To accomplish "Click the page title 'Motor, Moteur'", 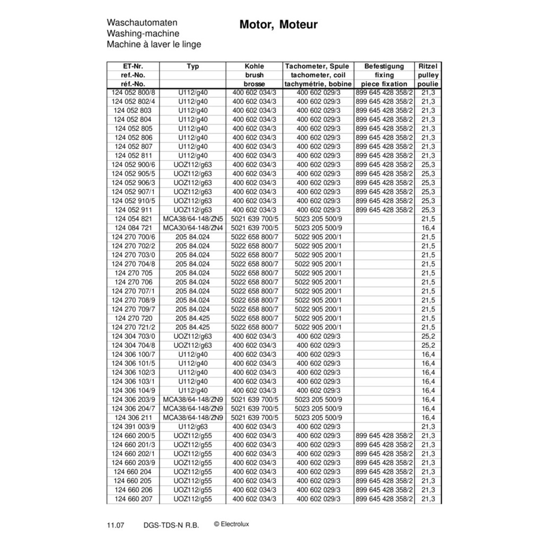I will click(x=278, y=25).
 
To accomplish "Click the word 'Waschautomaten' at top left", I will click(x=142, y=23).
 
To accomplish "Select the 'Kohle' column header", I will click(x=254, y=66).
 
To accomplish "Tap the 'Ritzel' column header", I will click(x=428, y=66).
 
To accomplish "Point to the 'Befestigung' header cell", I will click(x=384, y=66).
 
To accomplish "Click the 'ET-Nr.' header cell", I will click(x=133, y=66).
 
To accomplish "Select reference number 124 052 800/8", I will click(x=133, y=92).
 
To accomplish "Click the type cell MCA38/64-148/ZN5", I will click(x=192, y=219).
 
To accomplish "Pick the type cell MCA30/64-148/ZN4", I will click(x=192, y=228).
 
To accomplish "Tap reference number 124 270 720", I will click(x=133, y=318).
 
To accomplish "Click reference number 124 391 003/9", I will click(x=133, y=426).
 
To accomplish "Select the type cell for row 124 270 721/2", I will click(x=192, y=327).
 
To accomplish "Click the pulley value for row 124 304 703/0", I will click(x=428, y=336).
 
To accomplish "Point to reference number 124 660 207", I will click(x=133, y=499).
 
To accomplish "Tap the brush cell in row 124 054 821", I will click(x=254, y=219).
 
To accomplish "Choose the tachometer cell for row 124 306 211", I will click(x=318, y=417).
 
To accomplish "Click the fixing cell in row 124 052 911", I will click(x=384, y=210).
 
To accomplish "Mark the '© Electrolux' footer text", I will click(x=231, y=524).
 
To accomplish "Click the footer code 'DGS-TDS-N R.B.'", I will click(x=171, y=525).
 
